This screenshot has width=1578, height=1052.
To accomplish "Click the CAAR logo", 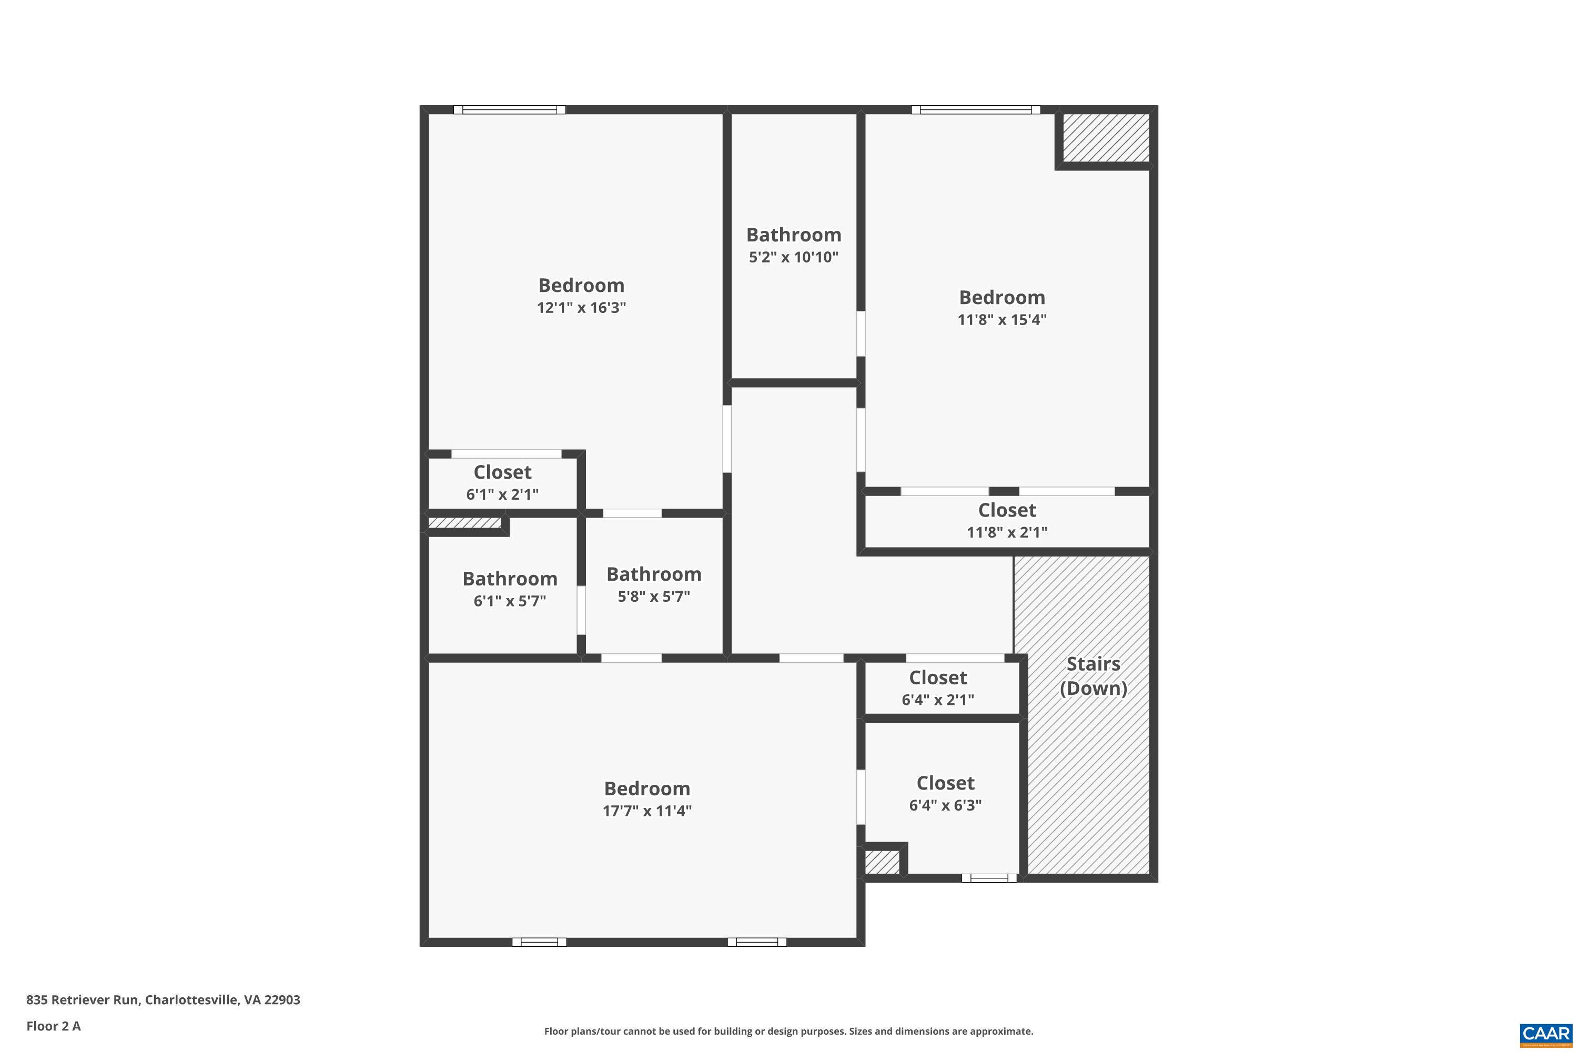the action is pos(1546,1034).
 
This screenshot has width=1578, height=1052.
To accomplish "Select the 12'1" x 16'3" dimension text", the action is pos(581,307).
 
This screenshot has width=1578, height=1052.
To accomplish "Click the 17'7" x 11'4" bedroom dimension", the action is pos(647,811).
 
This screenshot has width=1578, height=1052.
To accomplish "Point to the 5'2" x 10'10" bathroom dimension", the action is pos(794,257).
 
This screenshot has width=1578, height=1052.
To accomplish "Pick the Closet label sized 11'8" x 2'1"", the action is pos(1007,510).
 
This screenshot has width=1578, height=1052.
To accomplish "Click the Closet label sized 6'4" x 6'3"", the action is pos(945,783).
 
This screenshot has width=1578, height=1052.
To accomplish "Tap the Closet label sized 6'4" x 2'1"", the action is pos(938,677).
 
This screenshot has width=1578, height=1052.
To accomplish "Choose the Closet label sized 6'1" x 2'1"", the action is pos(502,472).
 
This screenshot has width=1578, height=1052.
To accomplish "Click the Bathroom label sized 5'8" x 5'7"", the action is pos(654,574).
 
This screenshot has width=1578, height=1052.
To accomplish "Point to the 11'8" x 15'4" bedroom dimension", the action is pos(1002,319).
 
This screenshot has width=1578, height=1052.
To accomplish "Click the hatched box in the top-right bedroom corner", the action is pos(1106,137).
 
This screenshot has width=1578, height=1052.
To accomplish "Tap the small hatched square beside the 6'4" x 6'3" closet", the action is pos(882,862).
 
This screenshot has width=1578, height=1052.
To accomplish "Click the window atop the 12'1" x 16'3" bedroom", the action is pos(509,110).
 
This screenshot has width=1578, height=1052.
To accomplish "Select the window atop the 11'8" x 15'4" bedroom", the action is pos(976,110).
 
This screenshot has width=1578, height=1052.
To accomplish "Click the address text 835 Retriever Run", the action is pos(83,1000).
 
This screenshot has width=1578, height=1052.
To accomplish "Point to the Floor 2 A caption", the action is pos(54,1026).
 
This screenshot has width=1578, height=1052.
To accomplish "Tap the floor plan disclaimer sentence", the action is pos(788,1031).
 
